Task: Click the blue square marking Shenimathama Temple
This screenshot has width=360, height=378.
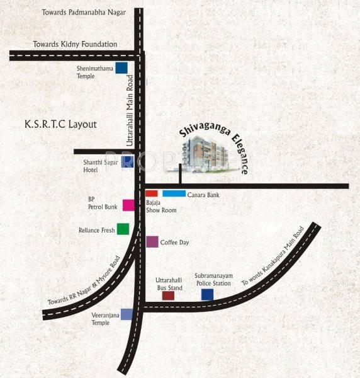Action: point(121,68)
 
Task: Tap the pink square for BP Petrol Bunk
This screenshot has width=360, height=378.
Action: point(128,205)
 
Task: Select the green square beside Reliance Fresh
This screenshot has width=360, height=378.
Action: point(123,229)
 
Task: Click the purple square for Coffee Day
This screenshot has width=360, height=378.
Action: point(152,241)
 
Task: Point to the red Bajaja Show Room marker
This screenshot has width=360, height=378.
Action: point(151,193)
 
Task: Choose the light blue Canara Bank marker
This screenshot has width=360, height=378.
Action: point(174,193)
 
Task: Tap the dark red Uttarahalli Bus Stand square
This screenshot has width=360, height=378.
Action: point(168,295)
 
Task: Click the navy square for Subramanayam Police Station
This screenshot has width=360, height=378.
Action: point(207,294)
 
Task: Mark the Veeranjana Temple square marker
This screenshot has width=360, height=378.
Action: point(127,314)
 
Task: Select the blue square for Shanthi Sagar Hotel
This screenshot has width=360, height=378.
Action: point(127,163)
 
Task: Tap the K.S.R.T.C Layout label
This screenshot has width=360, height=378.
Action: point(60,124)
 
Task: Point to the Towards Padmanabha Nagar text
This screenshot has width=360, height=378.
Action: point(84,13)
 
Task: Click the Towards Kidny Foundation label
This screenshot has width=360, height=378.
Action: point(75,44)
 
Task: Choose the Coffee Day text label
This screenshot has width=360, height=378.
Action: point(175,242)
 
